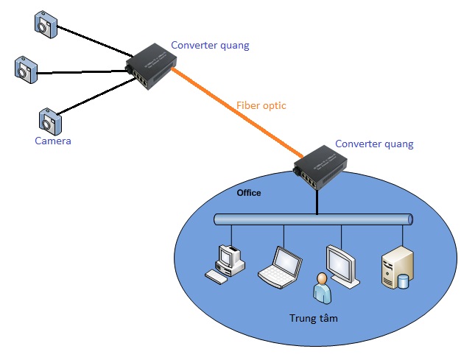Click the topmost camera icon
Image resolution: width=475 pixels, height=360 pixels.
point(43,24)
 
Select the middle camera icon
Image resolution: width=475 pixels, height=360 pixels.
point(25,68)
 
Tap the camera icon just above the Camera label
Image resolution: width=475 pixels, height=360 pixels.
point(50,119)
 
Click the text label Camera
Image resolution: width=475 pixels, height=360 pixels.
point(53,141)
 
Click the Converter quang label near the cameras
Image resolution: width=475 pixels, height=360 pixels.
point(210,45)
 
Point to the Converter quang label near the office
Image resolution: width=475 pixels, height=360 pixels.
point(374,144)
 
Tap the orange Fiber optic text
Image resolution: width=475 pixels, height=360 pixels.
point(261,105)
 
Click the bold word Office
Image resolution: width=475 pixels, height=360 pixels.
point(248,193)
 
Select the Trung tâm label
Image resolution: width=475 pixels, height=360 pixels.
point(314,320)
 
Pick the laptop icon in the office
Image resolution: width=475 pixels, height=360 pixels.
point(281,267)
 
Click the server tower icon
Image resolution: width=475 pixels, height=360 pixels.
point(395,266)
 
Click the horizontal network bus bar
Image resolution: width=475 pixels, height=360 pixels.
point(313,219)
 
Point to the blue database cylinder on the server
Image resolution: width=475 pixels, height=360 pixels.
point(403,280)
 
